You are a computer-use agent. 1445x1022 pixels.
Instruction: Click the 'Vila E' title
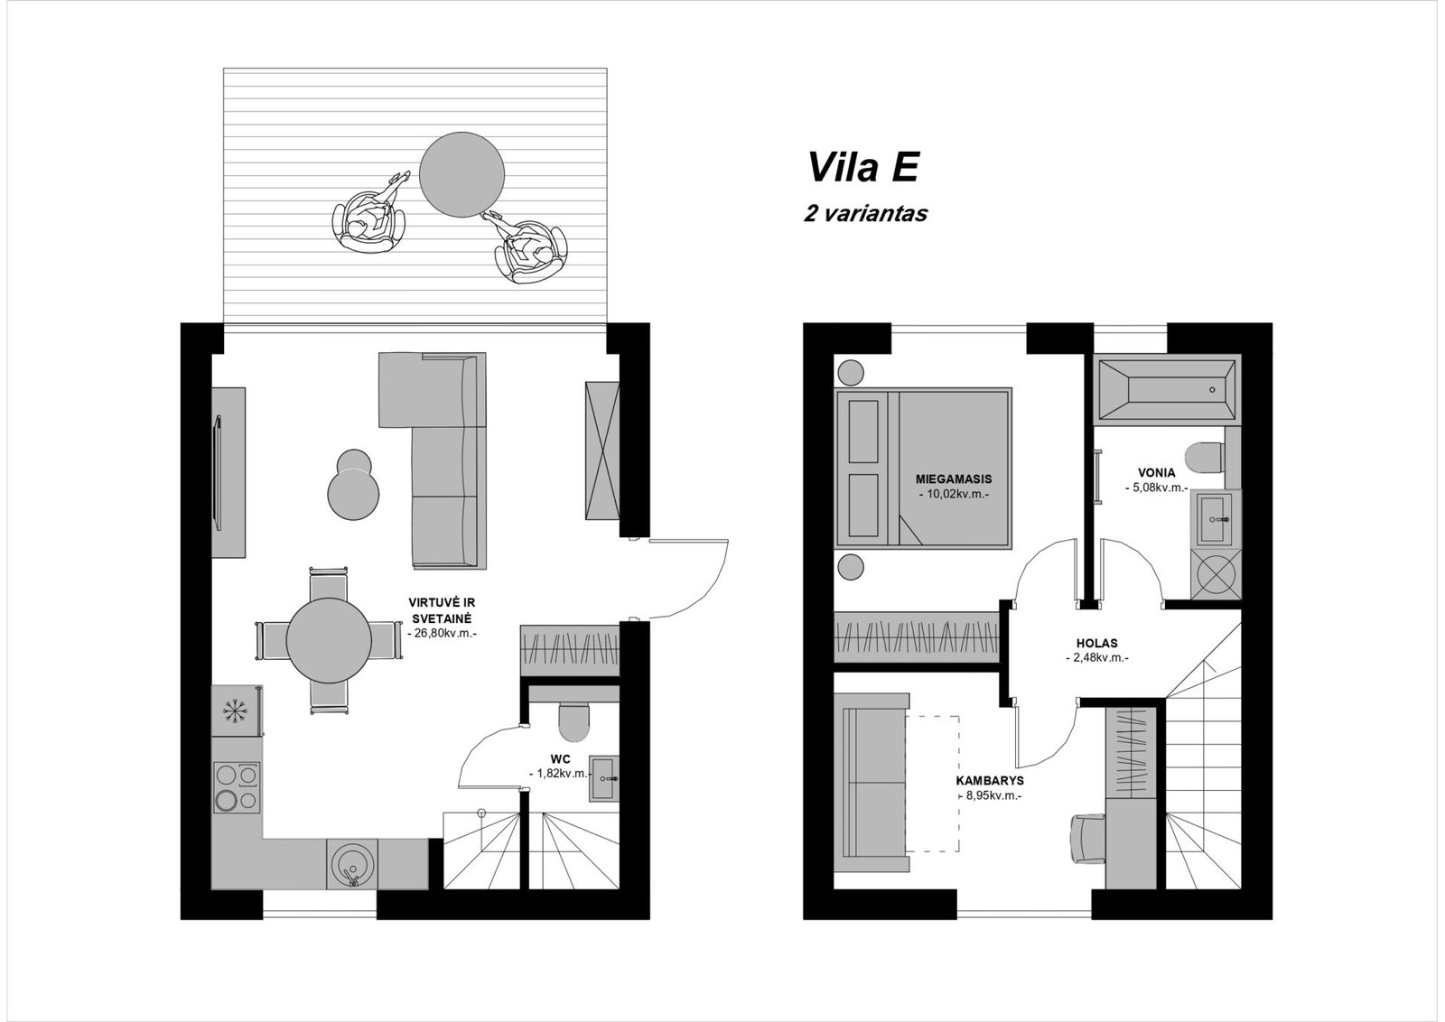pyautogui.click(x=863, y=168)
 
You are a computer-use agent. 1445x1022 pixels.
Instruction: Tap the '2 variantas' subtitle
pyautogui.click(x=865, y=213)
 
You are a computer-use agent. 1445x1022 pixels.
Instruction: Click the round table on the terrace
pyautogui.click(x=461, y=175)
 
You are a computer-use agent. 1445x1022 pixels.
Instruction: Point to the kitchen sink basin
pyautogui.click(x=351, y=865)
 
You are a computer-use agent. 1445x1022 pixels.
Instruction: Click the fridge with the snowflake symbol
pyautogui.click(x=236, y=711)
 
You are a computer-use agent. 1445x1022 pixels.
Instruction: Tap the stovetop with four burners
pyautogui.click(x=237, y=786)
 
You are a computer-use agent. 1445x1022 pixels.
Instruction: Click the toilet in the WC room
pyautogui.click(x=574, y=720)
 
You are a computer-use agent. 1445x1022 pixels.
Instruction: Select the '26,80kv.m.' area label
pyautogui.click(x=443, y=633)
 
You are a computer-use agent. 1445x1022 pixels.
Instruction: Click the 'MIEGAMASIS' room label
pyautogui.click(x=954, y=479)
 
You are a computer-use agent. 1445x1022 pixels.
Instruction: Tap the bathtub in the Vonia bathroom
pyautogui.click(x=1167, y=389)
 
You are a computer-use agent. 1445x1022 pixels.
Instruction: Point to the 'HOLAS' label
pyautogui.click(x=1096, y=643)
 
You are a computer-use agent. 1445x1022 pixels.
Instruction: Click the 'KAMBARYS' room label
pyautogui.click(x=990, y=781)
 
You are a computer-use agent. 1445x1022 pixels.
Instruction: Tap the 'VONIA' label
pyautogui.click(x=1157, y=473)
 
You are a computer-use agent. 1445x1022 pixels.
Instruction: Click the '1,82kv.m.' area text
pyautogui.click(x=559, y=774)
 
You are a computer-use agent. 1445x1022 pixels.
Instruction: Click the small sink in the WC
pyautogui.click(x=604, y=778)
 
